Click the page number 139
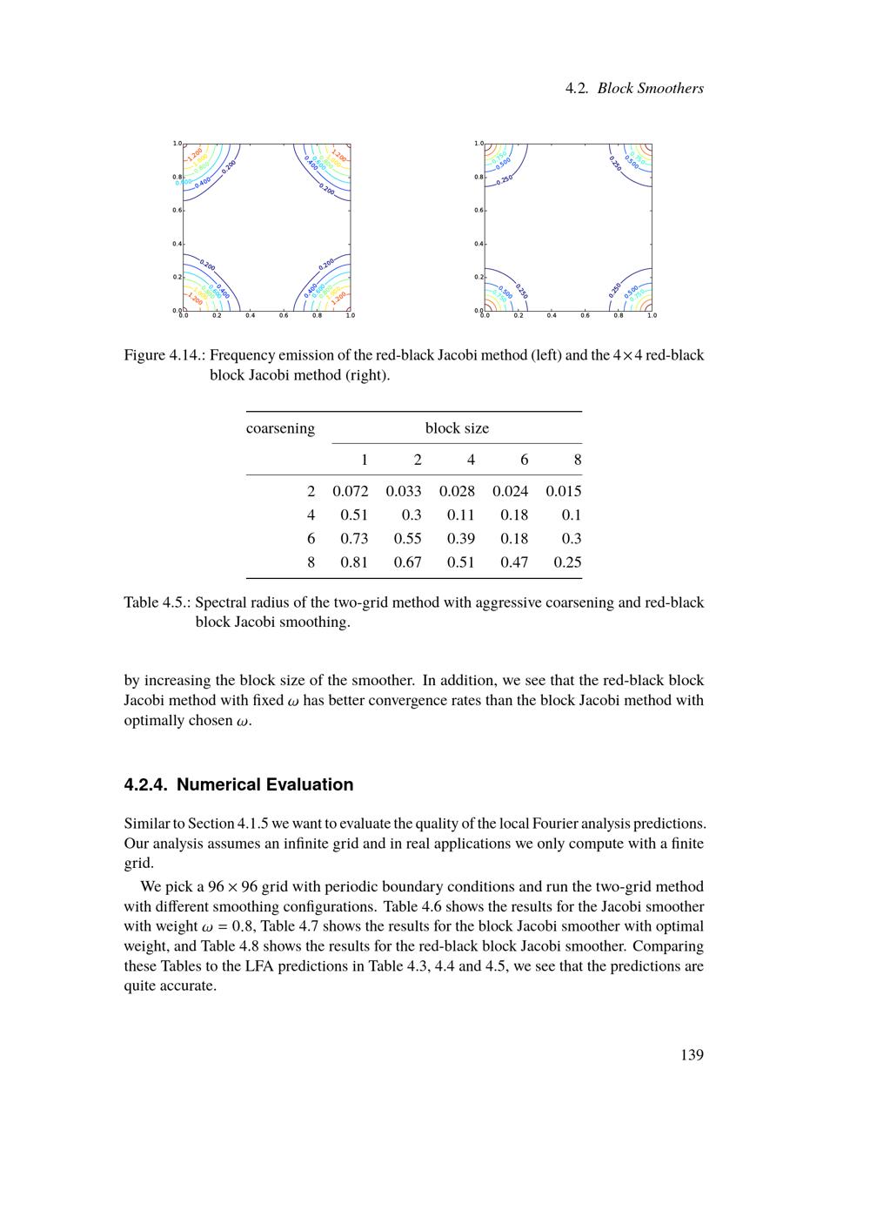click(692, 1055)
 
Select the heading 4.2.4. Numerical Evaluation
click(238, 784)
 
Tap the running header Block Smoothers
click(651, 88)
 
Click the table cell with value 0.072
click(351, 491)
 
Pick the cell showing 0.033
click(404, 491)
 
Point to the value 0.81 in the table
click(354, 562)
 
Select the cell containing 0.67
click(407, 562)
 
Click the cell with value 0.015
click(564, 491)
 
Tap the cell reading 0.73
click(354, 539)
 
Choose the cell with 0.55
click(407, 539)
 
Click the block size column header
click(457, 428)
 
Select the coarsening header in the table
click(280, 428)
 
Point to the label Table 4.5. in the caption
click(157, 602)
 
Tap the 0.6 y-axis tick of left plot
click(177, 211)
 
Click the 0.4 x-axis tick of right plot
click(552, 315)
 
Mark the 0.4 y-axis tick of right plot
click(478, 244)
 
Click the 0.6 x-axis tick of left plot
click(284, 315)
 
